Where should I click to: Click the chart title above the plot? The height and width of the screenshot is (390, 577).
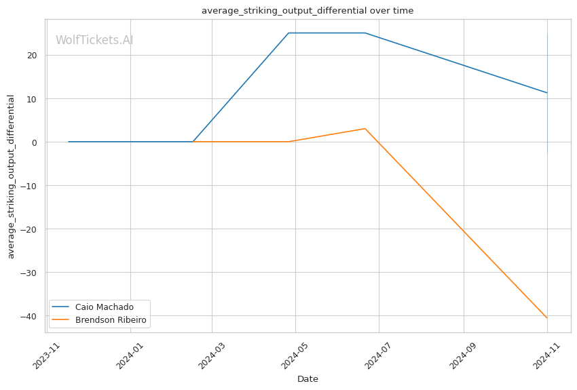click(x=308, y=11)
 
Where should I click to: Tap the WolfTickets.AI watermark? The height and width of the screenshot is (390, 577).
click(x=94, y=40)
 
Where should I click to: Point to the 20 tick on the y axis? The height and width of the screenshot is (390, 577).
click(x=32, y=56)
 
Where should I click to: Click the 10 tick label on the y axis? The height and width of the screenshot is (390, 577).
click(x=32, y=99)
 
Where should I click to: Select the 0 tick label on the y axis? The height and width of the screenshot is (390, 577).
click(x=35, y=142)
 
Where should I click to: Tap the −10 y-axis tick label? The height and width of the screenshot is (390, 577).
click(x=29, y=186)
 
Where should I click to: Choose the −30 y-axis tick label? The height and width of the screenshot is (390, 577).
click(x=29, y=273)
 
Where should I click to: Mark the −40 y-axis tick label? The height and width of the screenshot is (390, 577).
click(x=29, y=317)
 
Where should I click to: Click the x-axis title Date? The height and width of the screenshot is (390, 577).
click(x=308, y=379)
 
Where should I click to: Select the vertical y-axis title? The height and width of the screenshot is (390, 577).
click(x=11, y=177)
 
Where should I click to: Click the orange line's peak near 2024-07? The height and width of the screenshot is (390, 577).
click(x=365, y=129)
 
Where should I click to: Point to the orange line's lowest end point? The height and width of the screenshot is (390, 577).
click(x=547, y=318)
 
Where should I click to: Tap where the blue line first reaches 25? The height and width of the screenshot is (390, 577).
click(x=288, y=33)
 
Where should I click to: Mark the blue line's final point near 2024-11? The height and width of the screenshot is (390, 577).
click(x=547, y=93)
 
